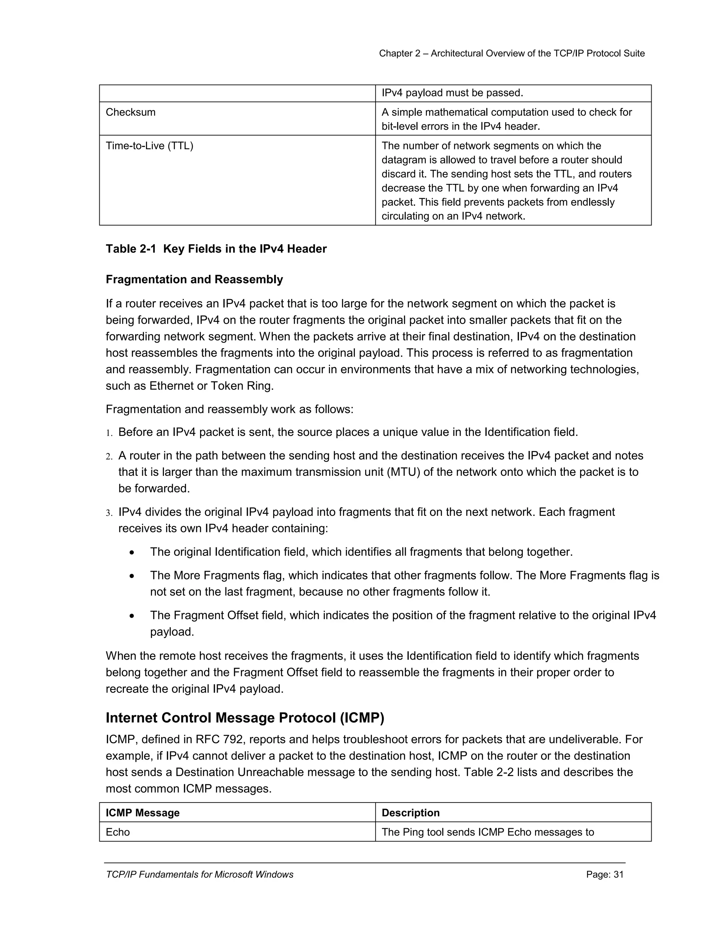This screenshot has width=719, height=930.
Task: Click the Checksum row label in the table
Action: click(x=130, y=112)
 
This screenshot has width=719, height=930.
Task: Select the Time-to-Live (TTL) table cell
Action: click(x=149, y=146)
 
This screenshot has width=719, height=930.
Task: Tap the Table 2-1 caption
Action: click(x=216, y=249)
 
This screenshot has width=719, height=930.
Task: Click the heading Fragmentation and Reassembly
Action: click(x=194, y=279)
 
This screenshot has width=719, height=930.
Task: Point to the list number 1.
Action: click(x=109, y=433)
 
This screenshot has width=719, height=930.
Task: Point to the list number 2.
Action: click(x=109, y=457)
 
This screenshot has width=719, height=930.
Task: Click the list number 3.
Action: click(x=109, y=513)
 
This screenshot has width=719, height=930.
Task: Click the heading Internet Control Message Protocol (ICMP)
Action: click(x=245, y=718)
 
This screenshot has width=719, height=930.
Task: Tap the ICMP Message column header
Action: click(x=142, y=812)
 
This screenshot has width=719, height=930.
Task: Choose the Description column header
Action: click(x=410, y=812)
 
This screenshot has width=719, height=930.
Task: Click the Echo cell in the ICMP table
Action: click(x=118, y=832)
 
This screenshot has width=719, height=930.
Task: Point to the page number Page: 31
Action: click(x=605, y=875)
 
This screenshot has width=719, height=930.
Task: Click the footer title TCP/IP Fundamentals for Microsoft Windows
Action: click(x=199, y=875)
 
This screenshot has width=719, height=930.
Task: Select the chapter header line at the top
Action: click(x=512, y=53)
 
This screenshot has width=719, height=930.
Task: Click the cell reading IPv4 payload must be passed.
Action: click(x=452, y=93)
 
